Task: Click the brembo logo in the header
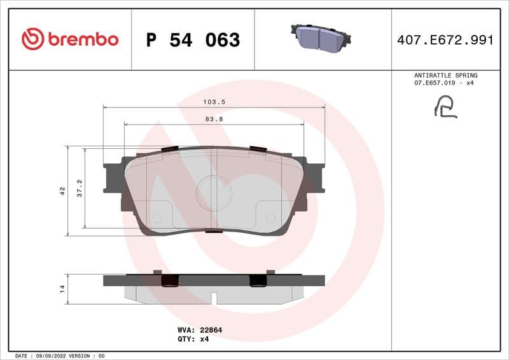[70, 39]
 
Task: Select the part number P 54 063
[193, 40]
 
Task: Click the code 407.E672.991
[445, 40]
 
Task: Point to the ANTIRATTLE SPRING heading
[445, 75]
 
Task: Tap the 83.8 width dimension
[214, 118]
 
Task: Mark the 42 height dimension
[62, 190]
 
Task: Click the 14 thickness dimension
[62, 289]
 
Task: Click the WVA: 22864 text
[199, 330]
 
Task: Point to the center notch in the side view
[214, 298]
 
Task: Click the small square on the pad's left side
[158, 219]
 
